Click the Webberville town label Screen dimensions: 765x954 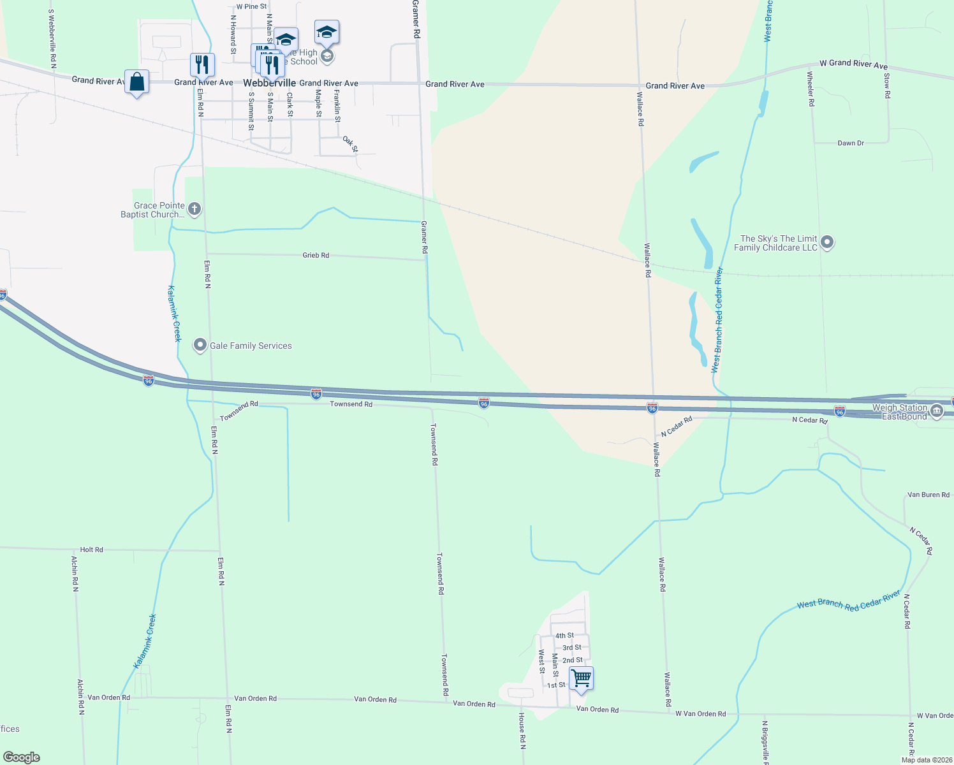pyautogui.click(x=269, y=84)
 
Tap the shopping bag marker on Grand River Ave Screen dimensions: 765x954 pyautogui.click(x=136, y=82)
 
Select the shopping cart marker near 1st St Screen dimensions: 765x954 pyautogui.click(x=581, y=678)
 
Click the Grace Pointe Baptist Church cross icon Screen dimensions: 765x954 pyautogui.click(x=194, y=208)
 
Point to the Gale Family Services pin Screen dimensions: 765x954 pyautogui.click(x=200, y=346)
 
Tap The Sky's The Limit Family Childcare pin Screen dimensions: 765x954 pyautogui.click(x=827, y=242)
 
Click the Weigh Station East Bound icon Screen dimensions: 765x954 pyautogui.click(x=937, y=411)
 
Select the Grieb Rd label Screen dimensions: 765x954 pyautogui.click(x=316, y=255)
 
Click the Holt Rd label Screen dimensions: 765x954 pyautogui.click(x=91, y=550)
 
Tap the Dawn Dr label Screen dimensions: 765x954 pyautogui.click(x=850, y=143)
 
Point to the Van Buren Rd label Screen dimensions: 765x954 pyautogui.click(x=928, y=495)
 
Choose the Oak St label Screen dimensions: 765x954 pyautogui.click(x=350, y=144)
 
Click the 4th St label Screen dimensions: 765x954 pyautogui.click(x=564, y=636)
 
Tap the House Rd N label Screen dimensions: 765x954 pyautogui.click(x=522, y=731)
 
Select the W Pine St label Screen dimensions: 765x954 pyautogui.click(x=251, y=7)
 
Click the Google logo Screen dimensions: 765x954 pyautogui.click(x=22, y=757)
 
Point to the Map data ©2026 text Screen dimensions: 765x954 pyautogui.click(x=927, y=760)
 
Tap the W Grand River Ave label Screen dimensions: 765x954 pyautogui.click(x=853, y=64)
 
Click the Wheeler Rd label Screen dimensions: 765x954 pyautogui.click(x=810, y=89)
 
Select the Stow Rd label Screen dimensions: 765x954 pyautogui.click(x=886, y=86)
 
